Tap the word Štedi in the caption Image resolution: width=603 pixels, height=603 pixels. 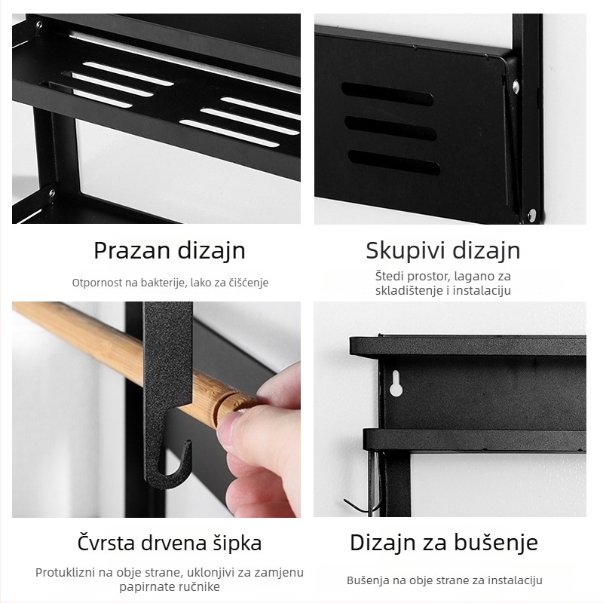click(x=390, y=277)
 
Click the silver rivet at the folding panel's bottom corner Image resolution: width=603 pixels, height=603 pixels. click(x=532, y=216)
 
